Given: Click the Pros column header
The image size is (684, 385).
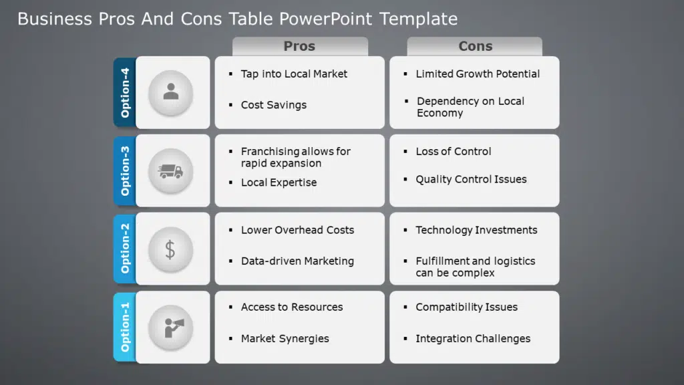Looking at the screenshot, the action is coord(300,46).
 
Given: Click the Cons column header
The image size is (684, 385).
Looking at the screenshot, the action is coord(475,46).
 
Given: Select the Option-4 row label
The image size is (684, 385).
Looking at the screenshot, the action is coord(125,92).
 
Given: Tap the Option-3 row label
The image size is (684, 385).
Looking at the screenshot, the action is coord(125,170).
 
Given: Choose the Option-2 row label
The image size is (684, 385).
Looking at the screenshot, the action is coord(125,249).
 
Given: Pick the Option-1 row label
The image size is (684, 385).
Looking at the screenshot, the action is coord(125,327).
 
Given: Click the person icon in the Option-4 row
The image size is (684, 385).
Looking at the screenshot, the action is coord(171,92).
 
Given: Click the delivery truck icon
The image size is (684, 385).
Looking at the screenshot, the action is coord(170,171).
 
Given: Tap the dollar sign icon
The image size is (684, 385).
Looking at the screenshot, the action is coord(170,250).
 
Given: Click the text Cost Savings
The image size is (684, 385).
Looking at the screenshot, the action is coord(273,105).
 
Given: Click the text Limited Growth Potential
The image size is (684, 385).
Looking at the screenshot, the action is coord(478,74).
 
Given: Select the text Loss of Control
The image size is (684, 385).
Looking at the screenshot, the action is coord(454,152).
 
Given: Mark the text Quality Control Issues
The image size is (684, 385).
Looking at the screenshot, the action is coord(471,179).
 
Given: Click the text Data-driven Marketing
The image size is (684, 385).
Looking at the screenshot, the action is coord(297,261).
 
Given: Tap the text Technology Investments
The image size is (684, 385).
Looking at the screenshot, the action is coord(476,230).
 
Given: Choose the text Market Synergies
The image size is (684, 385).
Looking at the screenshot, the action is coord(285,339).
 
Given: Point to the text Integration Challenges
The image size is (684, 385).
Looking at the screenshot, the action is coord(473,339).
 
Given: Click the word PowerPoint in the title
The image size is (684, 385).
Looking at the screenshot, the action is coord(325,19).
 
